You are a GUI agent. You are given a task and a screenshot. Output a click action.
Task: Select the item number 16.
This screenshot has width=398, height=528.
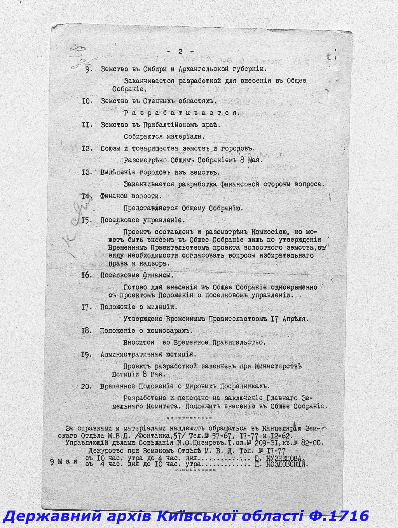[x=86, y=275]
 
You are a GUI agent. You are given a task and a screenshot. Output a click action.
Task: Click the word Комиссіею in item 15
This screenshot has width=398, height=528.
[x=269, y=232]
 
